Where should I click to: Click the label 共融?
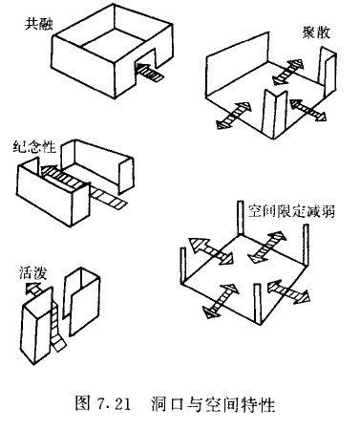point(38,24)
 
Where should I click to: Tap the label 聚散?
point(316,32)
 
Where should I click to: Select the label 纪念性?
point(34,147)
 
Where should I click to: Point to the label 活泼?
point(32,273)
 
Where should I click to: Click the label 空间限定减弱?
point(291,211)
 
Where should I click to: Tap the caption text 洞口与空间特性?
point(213,404)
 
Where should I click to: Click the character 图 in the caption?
point(83,404)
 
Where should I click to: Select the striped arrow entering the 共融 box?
point(150,73)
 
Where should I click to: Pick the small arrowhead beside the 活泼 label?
point(32,288)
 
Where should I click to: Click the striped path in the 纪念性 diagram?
point(83,186)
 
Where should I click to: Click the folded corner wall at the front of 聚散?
point(274,114)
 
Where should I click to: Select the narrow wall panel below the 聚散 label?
point(328,72)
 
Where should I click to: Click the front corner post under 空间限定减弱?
point(258,304)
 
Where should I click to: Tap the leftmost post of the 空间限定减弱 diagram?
point(183,266)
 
